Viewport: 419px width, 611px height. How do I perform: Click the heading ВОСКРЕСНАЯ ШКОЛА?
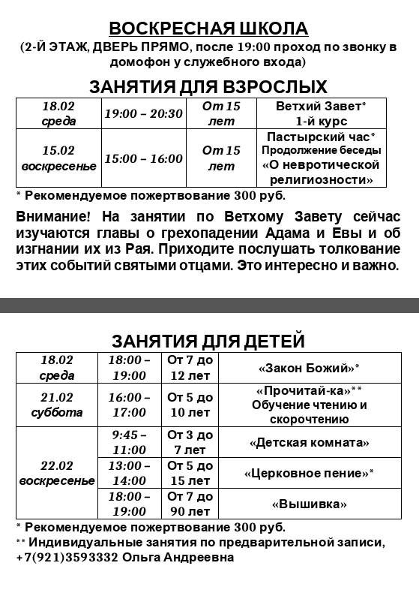click(208, 29)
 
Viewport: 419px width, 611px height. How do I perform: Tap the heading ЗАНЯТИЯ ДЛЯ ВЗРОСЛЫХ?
click(208, 86)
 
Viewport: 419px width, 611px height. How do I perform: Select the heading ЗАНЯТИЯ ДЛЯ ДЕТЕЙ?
click(208, 341)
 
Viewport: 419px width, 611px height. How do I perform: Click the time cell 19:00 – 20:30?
click(143, 114)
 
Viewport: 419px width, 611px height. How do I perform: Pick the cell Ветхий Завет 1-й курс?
click(321, 113)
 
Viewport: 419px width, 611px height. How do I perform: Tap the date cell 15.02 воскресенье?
click(58, 158)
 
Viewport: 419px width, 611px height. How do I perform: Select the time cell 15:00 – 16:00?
click(143, 158)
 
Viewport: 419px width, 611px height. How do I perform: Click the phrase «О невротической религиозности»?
click(321, 173)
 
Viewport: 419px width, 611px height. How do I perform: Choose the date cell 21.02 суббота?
click(57, 405)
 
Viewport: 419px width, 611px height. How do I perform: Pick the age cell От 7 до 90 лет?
click(190, 504)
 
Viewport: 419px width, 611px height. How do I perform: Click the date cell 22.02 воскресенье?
click(57, 473)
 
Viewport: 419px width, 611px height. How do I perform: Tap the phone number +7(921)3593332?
click(66, 558)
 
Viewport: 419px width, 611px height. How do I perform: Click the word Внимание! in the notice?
click(51, 216)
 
